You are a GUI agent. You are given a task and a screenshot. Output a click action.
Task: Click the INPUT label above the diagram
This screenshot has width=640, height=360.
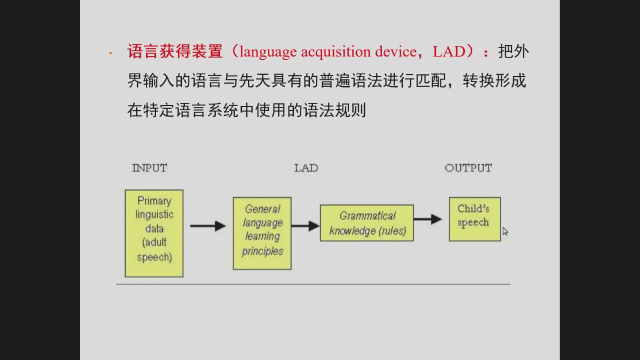pyautogui.click(x=149, y=168)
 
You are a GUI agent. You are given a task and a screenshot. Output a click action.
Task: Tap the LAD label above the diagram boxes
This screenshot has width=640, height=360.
pyautogui.click(x=306, y=168)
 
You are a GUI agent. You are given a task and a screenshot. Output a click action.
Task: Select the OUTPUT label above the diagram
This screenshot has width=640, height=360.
pyautogui.click(x=468, y=168)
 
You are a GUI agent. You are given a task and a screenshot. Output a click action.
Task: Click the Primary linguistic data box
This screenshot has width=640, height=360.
pyautogui.click(x=154, y=233)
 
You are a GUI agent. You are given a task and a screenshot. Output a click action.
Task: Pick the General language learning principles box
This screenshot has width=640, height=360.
pyautogui.click(x=262, y=233)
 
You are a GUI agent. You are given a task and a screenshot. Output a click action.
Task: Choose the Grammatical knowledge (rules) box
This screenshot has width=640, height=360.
pyautogui.click(x=367, y=223)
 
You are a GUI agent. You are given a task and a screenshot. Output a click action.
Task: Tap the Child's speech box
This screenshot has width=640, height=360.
pyautogui.click(x=475, y=219)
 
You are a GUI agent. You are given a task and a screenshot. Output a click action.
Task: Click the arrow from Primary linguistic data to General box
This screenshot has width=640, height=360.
pyautogui.click(x=208, y=226)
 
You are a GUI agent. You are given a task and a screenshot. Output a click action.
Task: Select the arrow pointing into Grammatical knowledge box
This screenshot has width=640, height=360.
pyautogui.click(x=305, y=226)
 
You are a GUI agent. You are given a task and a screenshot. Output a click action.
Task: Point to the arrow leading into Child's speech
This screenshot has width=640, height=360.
pyautogui.click(x=428, y=219)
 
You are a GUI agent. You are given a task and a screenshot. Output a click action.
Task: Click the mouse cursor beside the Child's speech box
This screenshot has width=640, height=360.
pyautogui.click(x=505, y=231)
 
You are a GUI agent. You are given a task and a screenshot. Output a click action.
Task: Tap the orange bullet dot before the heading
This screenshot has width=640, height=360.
pyautogui.click(x=110, y=53)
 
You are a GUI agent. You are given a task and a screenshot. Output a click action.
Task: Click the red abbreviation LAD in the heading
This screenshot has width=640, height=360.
pyautogui.click(x=449, y=51)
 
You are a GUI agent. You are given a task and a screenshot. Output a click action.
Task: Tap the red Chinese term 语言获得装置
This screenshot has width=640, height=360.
pyautogui.click(x=175, y=51)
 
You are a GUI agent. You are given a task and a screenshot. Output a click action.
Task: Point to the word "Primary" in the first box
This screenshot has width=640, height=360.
pyautogui.click(x=154, y=201)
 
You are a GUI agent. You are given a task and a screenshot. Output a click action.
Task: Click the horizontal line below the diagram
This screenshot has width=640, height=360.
pyautogui.click(x=313, y=284)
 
